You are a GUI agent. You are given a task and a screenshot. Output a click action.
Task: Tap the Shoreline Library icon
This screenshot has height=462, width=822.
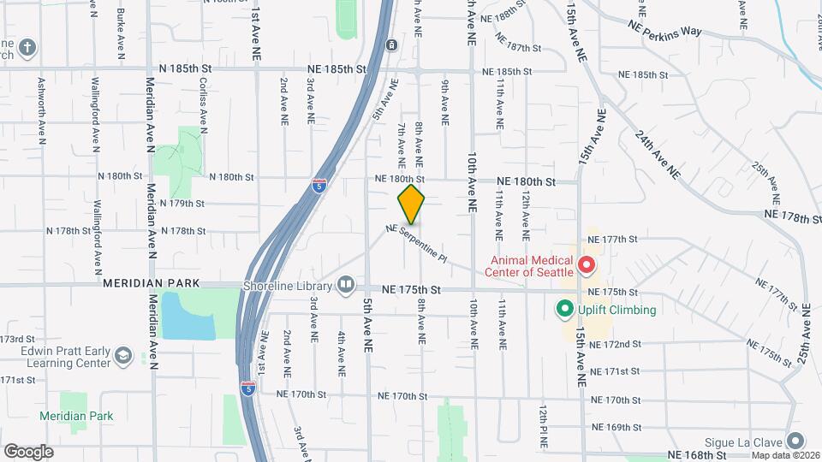pos(346,283)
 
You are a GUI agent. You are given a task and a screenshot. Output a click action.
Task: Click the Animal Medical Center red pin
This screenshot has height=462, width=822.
pos(587,265)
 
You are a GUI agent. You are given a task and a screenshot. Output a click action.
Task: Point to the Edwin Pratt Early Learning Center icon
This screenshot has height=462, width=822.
pos(124,356)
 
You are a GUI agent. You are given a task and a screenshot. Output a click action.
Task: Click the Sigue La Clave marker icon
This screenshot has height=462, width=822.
pos(796,441)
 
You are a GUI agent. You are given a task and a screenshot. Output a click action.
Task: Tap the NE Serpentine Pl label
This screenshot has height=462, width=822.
pos(417,242)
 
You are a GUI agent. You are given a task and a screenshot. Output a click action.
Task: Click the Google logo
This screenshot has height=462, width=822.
pos(28,451)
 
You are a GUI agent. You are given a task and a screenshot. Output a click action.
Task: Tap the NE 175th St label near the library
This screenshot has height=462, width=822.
pos(411,291)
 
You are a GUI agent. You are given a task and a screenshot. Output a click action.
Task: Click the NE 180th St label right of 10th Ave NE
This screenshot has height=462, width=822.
pos(527,181)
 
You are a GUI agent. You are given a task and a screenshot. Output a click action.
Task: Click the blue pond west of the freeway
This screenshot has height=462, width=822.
pos(187,315)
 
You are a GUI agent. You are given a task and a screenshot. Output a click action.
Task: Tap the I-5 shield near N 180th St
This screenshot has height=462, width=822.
pos(319,185)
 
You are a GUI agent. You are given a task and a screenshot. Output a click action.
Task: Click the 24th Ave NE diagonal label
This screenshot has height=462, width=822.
pos(657,154)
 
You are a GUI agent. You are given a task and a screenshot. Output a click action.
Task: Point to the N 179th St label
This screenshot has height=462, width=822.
pos(182,204)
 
